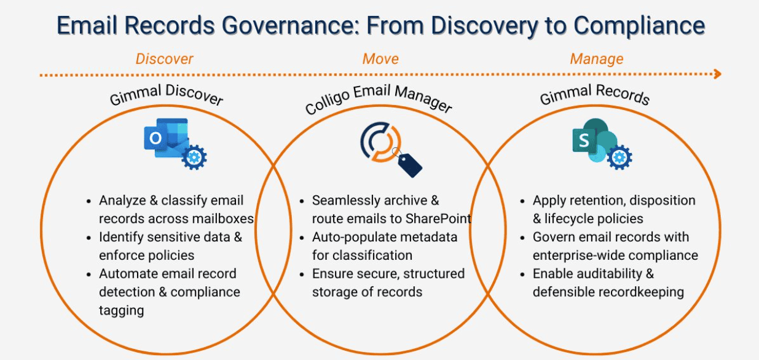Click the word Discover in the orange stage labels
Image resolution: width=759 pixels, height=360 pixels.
pyautogui.click(x=164, y=59)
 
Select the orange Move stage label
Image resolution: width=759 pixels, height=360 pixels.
pyautogui.click(x=380, y=59)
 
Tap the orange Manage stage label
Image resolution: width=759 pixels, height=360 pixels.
pyautogui.click(x=597, y=59)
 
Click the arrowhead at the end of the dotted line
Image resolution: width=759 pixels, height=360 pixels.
pyautogui.click(x=718, y=74)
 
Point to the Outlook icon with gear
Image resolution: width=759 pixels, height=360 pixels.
pyautogui.click(x=175, y=144)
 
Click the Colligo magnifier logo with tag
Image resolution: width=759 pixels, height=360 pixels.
pyautogui.click(x=391, y=149)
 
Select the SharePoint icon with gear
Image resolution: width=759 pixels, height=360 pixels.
pyautogui.click(x=602, y=144)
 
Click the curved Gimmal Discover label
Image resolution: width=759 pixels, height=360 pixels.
pyautogui.click(x=166, y=95)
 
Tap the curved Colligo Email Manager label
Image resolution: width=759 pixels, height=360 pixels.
pyautogui.click(x=378, y=99)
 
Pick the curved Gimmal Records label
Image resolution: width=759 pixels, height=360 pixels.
pyautogui.click(x=595, y=95)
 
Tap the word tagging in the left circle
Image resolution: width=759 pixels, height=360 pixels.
pyautogui.click(x=121, y=311)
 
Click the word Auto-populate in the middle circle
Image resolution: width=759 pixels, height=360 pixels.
pyautogui.click(x=351, y=237)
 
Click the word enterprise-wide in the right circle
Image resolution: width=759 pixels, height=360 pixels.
pyautogui.click(x=580, y=256)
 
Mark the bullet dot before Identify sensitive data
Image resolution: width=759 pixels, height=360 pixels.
pyautogui.click(x=88, y=238)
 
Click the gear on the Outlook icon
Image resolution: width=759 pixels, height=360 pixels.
pyautogui.click(x=194, y=157)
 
